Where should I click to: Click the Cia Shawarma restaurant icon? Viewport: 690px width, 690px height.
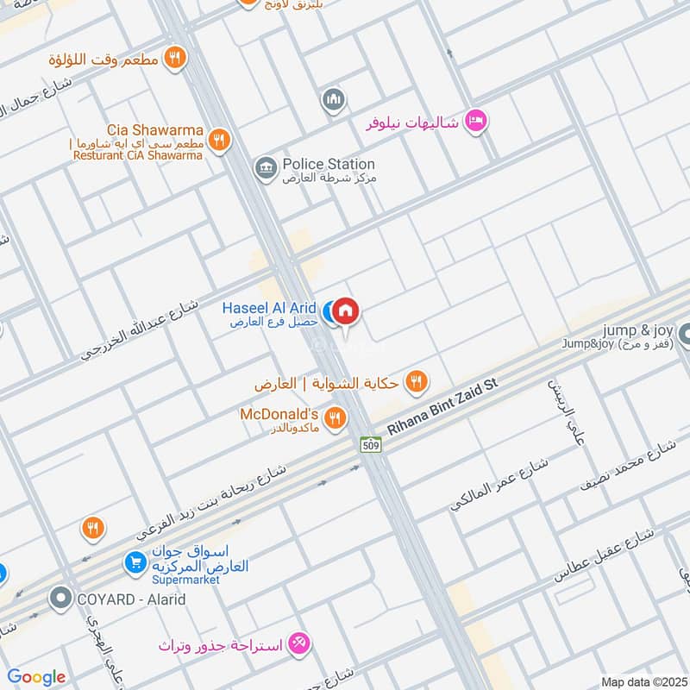pyautogui.click(x=220, y=139)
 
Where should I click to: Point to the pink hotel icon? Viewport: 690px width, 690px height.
pyautogui.click(x=474, y=122)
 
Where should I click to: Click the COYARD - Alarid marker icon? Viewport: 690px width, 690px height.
pyautogui.click(x=60, y=597)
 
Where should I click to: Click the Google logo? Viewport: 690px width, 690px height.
pyautogui.click(x=36, y=677)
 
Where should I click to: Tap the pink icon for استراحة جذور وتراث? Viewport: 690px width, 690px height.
pyautogui.click(x=299, y=643)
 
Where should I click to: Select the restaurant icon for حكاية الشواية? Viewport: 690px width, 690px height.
pyautogui.click(x=417, y=380)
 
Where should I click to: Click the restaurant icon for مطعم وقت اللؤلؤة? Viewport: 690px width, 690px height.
pyautogui.click(x=175, y=58)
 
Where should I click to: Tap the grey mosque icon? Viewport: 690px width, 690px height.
pyautogui.click(x=333, y=101)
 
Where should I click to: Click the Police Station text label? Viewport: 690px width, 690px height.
pyautogui.click(x=329, y=164)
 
